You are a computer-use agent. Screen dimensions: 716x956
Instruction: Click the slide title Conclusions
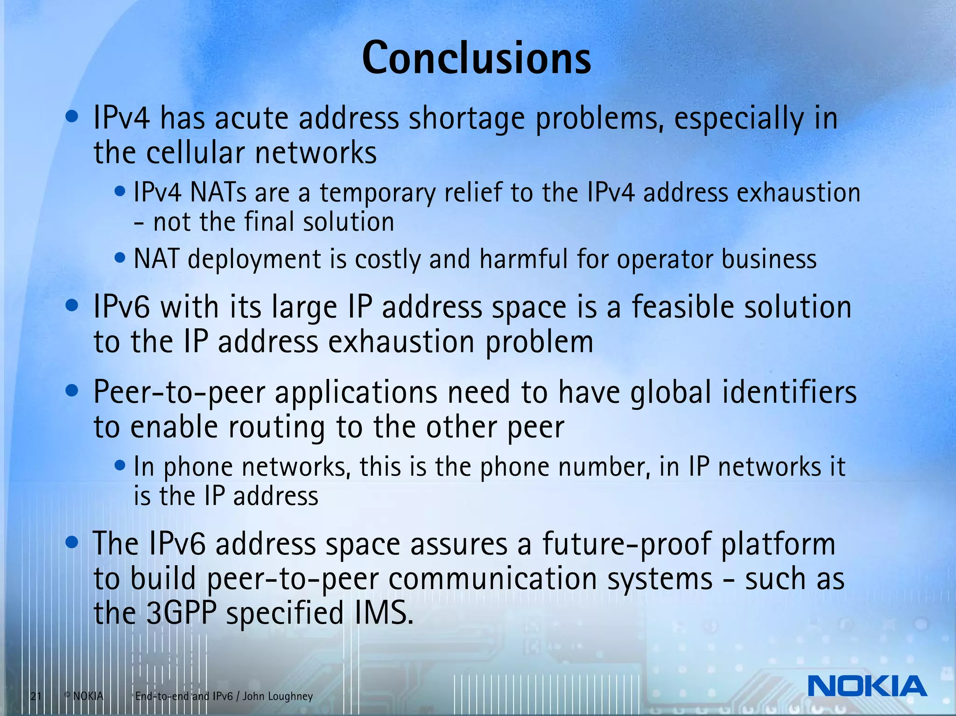coord(476,58)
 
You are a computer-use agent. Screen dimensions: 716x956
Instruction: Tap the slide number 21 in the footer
coord(36,697)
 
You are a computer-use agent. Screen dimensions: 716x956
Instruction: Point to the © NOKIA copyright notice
coord(84,696)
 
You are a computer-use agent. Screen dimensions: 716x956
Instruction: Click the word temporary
coord(377,193)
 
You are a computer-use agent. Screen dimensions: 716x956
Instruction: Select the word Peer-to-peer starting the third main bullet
coord(179,393)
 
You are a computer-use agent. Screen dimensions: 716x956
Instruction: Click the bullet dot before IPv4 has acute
coord(72,117)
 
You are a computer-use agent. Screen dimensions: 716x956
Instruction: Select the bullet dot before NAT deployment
coord(120,257)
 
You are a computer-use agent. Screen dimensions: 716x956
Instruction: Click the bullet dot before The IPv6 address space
coord(72,543)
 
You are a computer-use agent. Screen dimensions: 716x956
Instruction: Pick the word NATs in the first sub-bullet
coord(218,193)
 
